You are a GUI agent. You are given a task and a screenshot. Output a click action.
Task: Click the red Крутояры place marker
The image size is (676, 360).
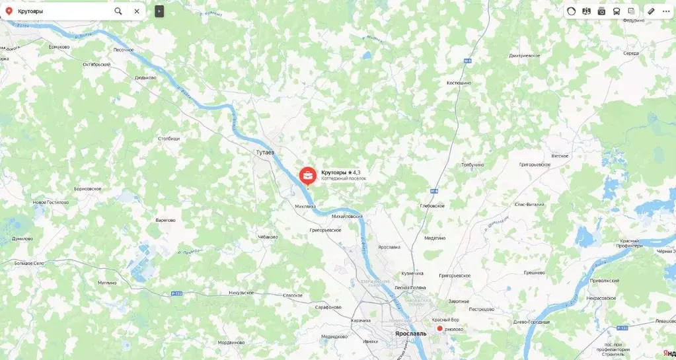tap(307, 176)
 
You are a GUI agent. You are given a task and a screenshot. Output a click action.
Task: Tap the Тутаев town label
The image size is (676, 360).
tap(265, 153)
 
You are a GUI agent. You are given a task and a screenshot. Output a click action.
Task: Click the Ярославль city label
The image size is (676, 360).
tap(410, 334)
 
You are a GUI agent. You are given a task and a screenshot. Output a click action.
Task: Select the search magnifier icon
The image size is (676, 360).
tap(118, 11)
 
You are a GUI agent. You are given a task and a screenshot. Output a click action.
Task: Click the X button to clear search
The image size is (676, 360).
tap(137, 11)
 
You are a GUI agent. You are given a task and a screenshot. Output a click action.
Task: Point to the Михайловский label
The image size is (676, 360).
tap(347, 216)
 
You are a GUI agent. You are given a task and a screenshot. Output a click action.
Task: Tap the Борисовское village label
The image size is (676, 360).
tap(83, 189)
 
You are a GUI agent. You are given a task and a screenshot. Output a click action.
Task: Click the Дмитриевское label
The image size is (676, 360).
tap(525, 55)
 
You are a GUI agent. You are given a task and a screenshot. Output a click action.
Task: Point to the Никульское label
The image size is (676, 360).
tap(241, 292)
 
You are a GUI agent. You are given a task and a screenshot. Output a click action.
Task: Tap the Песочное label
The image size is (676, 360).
tap(124, 50)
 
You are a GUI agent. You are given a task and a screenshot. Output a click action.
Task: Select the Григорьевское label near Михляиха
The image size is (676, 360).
tap(325, 230)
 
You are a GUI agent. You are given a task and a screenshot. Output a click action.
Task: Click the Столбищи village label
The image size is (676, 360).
tap(169, 139)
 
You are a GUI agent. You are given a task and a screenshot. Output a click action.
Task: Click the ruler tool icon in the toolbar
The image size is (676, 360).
tap(651, 11)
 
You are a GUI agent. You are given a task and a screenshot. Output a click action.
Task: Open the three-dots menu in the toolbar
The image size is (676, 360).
tap(666, 11)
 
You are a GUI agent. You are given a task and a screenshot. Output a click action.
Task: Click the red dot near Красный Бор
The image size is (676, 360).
tap(439, 328)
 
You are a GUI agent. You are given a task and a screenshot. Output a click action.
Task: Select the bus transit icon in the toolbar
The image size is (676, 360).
tap(617, 11)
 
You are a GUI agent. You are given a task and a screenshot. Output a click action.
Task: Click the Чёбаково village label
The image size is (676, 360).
tap(268, 236)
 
